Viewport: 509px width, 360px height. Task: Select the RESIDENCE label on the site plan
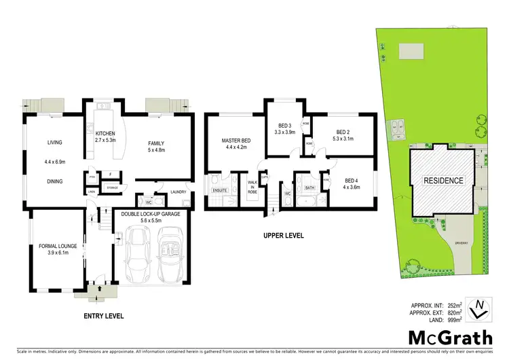tap(443, 181)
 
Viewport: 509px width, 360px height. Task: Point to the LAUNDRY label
tap(178, 192)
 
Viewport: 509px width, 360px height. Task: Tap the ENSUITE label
tap(219, 190)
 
